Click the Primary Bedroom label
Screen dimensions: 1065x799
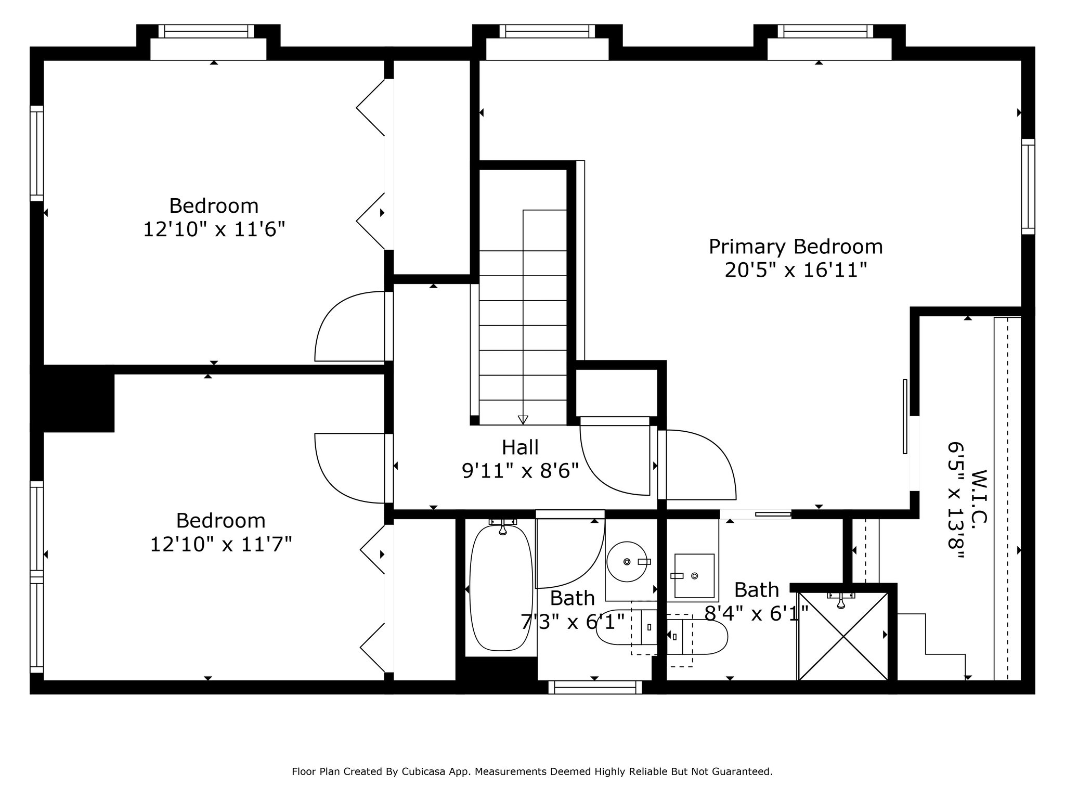pyautogui.click(x=796, y=247)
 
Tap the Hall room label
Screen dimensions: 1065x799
pyautogui.click(x=520, y=447)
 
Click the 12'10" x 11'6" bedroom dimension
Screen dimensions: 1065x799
pyautogui.click(x=214, y=229)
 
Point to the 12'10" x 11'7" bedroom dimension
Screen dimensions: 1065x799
pyautogui.click(x=221, y=545)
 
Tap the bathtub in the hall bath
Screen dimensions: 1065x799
pyautogui.click(x=501, y=588)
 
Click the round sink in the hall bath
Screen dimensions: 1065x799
pyautogui.click(x=627, y=562)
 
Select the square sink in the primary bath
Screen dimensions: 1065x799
pyautogui.click(x=694, y=576)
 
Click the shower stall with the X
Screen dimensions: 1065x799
pyautogui.click(x=843, y=636)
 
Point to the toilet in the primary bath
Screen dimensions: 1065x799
pyautogui.click(x=697, y=637)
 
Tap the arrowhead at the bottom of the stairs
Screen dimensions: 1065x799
pyautogui.click(x=523, y=419)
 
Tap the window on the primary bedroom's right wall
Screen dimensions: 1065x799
pyautogui.click(x=1028, y=186)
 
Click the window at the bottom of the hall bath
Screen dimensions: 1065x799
pyautogui.click(x=595, y=687)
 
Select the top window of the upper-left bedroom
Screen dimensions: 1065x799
pyautogui.click(x=206, y=31)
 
